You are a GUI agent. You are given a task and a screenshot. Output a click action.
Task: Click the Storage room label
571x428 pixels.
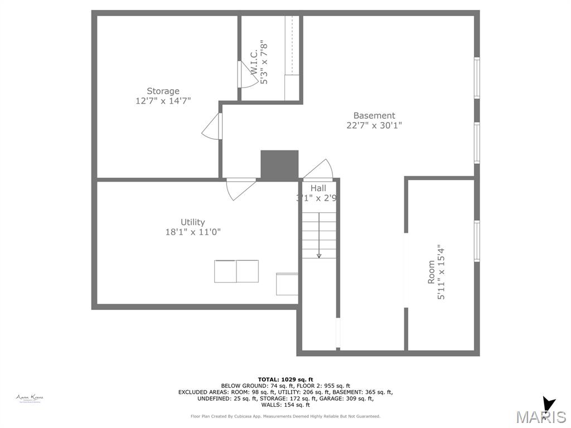click(163, 91)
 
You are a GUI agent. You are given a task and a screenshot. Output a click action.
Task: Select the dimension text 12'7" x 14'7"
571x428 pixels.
click(163, 101)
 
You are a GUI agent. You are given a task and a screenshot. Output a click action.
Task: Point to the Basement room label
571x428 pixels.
click(374, 115)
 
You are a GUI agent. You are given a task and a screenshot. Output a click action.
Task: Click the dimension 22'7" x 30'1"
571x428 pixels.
click(374, 125)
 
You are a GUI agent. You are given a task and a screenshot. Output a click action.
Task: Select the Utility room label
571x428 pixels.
click(192, 222)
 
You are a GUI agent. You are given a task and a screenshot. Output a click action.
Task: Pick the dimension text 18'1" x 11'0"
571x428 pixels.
click(192, 232)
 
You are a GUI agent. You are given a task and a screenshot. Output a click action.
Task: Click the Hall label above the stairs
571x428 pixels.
click(318, 188)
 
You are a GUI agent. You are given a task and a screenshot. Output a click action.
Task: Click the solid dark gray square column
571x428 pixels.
click(279, 165)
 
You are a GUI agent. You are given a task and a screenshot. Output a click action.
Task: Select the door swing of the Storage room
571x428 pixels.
click(212, 128)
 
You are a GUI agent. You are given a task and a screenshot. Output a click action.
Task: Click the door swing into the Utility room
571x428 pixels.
click(240, 188)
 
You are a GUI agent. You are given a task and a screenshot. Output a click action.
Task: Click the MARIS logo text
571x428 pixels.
click(540, 417)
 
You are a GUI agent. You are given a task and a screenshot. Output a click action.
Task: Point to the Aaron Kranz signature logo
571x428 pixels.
click(30, 398)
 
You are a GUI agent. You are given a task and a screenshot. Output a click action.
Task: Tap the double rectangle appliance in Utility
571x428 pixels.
click(236, 271)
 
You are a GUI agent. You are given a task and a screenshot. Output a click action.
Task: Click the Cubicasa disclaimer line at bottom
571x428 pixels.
click(285, 416)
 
